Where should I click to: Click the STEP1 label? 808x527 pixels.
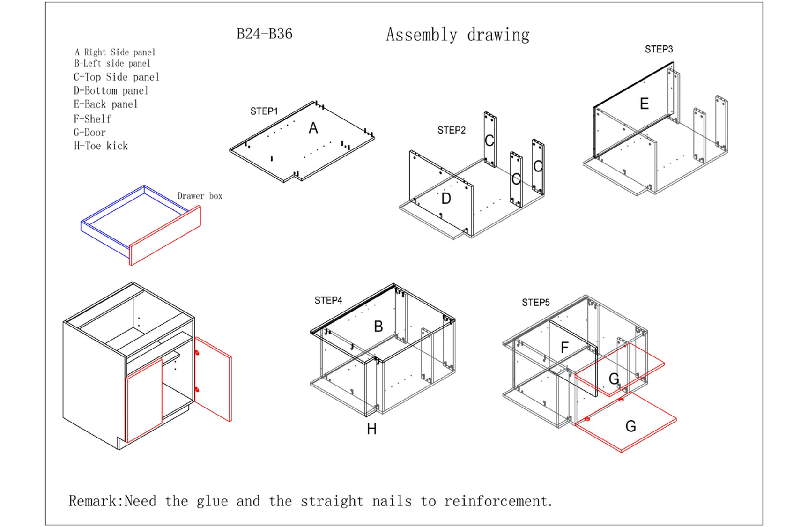(x=264, y=111)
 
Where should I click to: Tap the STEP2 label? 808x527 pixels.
(x=452, y=130)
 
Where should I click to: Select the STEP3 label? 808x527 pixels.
(x=659, y=49)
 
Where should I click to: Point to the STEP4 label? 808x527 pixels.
(x=328, y=300)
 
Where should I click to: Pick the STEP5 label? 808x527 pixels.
(x=536, y=303)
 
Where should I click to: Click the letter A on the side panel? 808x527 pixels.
(x=313, y=128)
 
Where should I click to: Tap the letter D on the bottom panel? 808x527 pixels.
(x=446, y=199)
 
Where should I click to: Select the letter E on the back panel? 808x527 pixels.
(x=644, y=104)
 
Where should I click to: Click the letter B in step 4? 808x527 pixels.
(x=378, y=327)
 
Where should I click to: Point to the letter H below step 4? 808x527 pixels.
(x=371, y=429)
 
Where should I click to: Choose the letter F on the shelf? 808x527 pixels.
(x=564, y=347)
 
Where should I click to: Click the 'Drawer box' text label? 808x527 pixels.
(x=200, y=196)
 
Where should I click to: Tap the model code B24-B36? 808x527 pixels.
(x=264, y=34)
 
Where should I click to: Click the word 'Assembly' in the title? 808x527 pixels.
(x=421, y=35)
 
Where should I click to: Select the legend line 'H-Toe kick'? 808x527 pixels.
(x=101, y=146)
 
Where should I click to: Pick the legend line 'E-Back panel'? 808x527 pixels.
(x=105, y=104)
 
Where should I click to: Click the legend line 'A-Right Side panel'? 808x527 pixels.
(x=115, y=52)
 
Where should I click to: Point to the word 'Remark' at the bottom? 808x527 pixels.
(x=95, y=501)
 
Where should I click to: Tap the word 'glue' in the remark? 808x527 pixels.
(x=212, y=501)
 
